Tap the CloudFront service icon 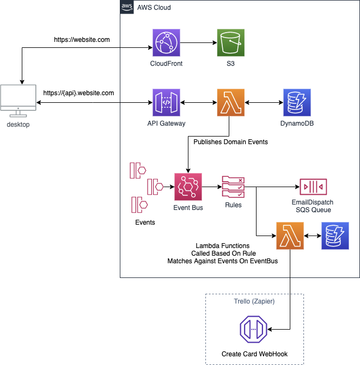[x=166, y=43]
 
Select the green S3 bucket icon [x=230, y=43]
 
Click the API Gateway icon [x=166, y=103]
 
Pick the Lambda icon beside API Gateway [x=230, y=103]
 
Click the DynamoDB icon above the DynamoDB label [x=297, y=103]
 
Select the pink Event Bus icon [x=188, y=187]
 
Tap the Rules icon [x=233, y=187]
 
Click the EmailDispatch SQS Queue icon [x=313, y=187]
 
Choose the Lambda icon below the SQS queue [x=290, y=236]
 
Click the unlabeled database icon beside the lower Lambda [x=335, y=236]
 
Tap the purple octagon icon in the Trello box [x=254, y=329]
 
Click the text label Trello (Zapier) [x=254, y=301]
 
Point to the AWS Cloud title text [x=154, y=8]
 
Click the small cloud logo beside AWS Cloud [x=127, y=8]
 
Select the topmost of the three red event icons [x=138, y=170]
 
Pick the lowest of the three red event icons [x=139, y=205]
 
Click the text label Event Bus [x=188, y=208]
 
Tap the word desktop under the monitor [x=18, y=125]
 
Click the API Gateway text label [x=166, y=123]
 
